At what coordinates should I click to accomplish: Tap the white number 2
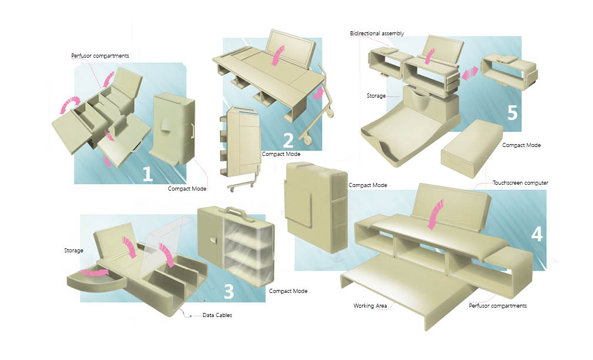[288, 141]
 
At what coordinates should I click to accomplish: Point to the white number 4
[537, 234]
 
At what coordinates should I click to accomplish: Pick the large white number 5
[512, 112]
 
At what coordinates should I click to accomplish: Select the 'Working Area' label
[369, 306]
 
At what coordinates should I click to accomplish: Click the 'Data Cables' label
[217, 315]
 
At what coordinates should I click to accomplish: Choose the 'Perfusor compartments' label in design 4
[498, 306]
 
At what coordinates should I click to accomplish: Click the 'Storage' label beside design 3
[74, 251]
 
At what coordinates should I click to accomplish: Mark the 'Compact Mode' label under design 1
[187, 188]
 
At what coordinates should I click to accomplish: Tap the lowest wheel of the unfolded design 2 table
[308, 141]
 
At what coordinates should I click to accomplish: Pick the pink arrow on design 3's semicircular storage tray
[94, 272]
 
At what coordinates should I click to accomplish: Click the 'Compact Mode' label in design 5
[521, 145]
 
